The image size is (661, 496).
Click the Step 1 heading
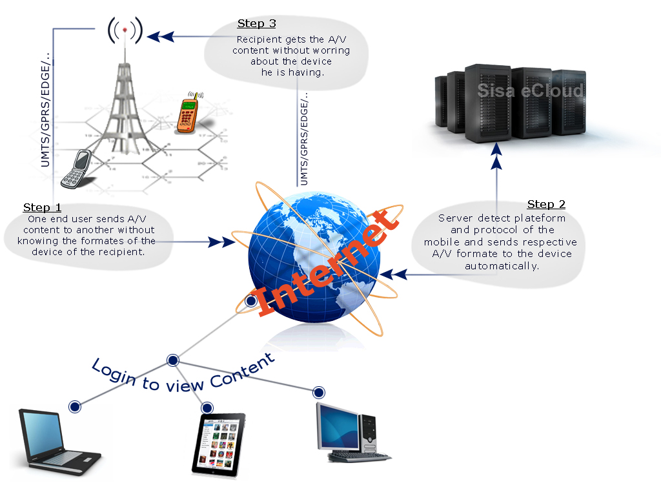pos(42,207)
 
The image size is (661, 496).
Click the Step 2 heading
pos(546,204)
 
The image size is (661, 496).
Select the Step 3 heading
pos(256,24)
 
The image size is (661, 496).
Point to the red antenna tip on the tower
pos(125,30)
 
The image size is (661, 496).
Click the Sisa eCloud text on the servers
pos(530,90)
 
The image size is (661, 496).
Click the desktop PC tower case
pos(369,429)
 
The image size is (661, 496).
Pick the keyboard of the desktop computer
pos(359,457)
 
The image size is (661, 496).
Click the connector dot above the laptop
pos(74,406)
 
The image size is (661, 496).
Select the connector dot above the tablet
pos(207,408)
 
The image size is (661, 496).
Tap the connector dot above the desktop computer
pos(318,392)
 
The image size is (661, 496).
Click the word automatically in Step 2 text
pos(502,265)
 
